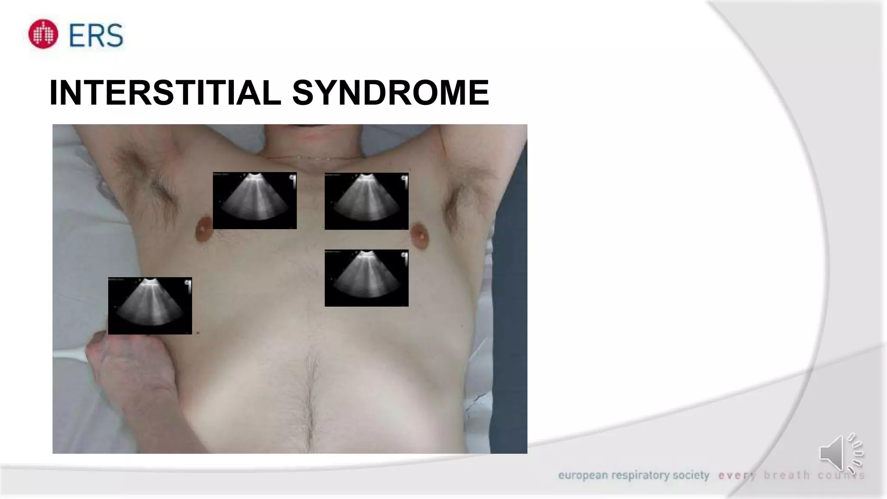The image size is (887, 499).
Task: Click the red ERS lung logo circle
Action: click(43, 34)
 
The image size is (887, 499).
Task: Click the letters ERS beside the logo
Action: click(96, 35)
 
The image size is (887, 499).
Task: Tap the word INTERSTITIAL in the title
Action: click(165, 93)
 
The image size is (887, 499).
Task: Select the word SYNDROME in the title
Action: click(391, 93)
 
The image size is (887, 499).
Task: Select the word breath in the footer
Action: click(787, 476)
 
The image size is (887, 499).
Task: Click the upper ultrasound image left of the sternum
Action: click(255, 201)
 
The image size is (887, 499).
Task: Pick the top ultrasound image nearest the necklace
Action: click(366, 201)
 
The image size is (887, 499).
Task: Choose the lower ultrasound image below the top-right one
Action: click(366, 278)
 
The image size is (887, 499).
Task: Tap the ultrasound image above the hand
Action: click(150, 306)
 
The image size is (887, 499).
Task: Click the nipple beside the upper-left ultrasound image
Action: click(204, 230)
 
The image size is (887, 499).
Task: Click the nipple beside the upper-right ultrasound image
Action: click(419, 235)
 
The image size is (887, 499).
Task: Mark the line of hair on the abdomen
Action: click(310, 399)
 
